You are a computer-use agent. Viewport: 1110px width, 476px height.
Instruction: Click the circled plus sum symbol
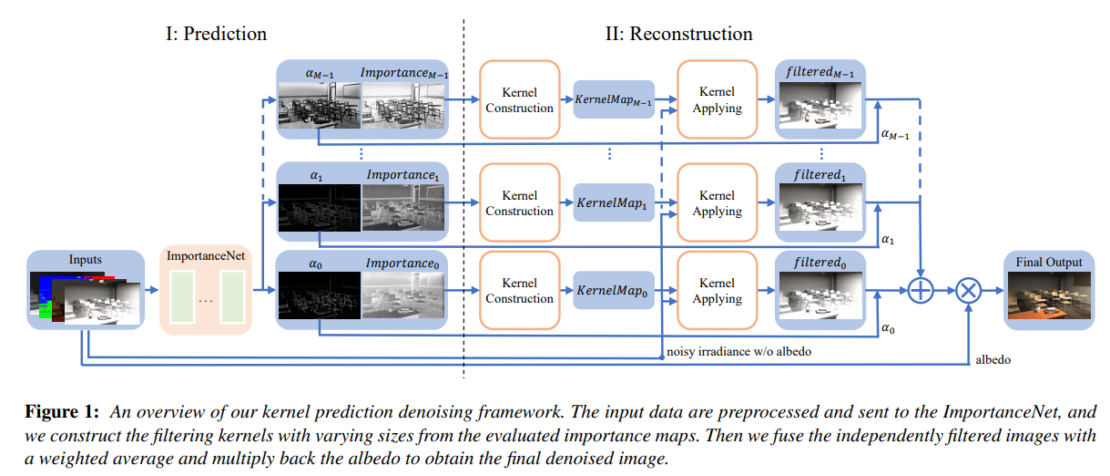point(922,291)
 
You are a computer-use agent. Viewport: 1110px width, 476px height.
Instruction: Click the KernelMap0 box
point(615,289)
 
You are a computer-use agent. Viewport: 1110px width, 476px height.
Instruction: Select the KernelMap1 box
point(615,202)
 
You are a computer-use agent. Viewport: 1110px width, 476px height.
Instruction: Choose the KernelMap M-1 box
point(615,99)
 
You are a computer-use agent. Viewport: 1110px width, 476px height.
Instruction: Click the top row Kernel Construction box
point(519,99)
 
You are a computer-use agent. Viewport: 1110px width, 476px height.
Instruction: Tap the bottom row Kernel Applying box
point(717,291)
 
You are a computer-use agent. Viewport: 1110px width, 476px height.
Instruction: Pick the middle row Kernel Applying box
point(717,202)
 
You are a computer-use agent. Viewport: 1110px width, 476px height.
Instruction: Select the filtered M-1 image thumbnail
point(820,107)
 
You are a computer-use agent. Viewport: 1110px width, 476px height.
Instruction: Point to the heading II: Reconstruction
point(679,34)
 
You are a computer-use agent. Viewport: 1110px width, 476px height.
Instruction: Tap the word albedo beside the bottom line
point(993,360)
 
